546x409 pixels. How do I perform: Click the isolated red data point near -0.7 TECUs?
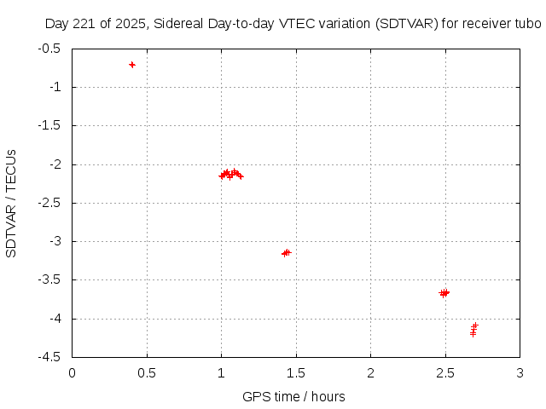click(x=132, y=65)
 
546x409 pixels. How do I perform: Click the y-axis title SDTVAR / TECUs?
click(x=11, y=203)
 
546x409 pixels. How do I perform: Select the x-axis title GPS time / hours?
click(x=293, y=396)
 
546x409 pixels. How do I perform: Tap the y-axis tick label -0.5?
click(x=49, y=49)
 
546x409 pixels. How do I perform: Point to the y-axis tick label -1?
click(x=55, y=87)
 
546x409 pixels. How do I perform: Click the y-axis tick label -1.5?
click(x=49, y=125)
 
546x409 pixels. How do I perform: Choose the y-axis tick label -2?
click(x=55, y=164)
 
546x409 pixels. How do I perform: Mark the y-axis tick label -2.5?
click(x=49, y=203)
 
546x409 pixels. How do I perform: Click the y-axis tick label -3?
click(x=55, y=241)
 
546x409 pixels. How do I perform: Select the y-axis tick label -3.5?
click(x=49, y=279)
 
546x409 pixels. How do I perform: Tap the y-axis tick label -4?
click(x=55, y=319)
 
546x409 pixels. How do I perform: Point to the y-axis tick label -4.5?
click(x=49, y=357)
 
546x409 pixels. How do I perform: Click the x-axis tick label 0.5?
click(x=147, y=372)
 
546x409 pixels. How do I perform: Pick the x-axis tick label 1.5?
click(x=296, y=372)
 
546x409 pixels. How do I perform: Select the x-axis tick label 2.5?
click(x=445, y=372)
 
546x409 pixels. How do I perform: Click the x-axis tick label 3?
click(x=520, y=372)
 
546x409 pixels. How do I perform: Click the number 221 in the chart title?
click(x=81, y=24)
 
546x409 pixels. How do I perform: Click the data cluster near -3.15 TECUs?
click(x=287, y=252)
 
